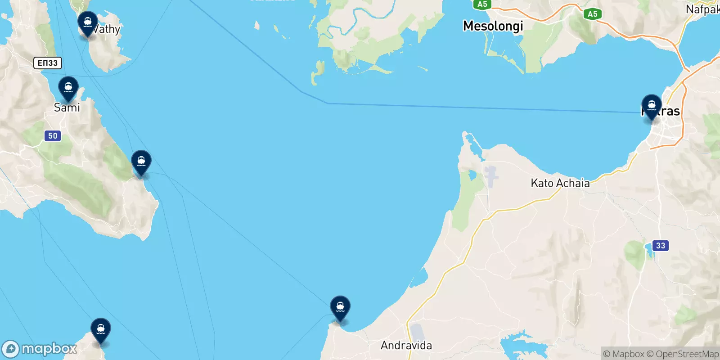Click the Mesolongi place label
pos(493,26)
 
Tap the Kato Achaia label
pos(560,183)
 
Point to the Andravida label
pos(406,346)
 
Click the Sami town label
pos(67,108)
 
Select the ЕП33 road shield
pos(47,63)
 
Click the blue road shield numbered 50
pos(53,136)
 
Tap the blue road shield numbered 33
pos(660,246)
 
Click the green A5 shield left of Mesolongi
pos(482,4)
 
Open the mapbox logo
pos(40,349)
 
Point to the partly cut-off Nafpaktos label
pos(702,9)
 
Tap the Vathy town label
pos(107,30)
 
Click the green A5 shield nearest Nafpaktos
pos(592,14)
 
